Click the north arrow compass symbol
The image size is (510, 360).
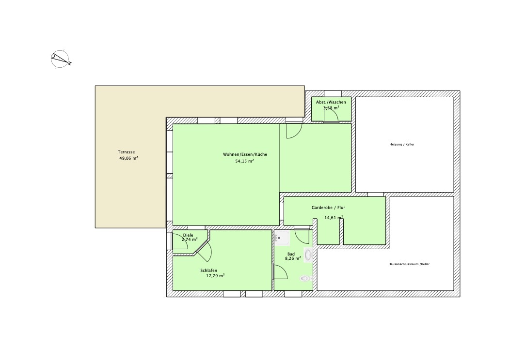(61, 59)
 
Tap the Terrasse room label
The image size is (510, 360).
(126, 152)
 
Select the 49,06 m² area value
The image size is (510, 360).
(128, 158)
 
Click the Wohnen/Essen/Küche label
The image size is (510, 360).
(245, 154)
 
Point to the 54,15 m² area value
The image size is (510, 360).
(244, 161)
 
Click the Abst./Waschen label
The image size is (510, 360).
(331, 102)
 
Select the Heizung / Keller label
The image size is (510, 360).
(402, 145)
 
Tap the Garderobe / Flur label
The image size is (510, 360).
(328, 208)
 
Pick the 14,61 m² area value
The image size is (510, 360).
(334, 217)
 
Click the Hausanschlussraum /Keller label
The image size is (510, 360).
(409, 264)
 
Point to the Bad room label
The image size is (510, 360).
(291, 254)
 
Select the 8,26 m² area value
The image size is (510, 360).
(293, 258)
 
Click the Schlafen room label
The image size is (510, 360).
(209, 270)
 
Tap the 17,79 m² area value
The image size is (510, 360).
(215, 276)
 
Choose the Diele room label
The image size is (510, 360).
(188, 235)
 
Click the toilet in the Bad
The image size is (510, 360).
(306, 279)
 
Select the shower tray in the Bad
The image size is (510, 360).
(282, 238)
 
